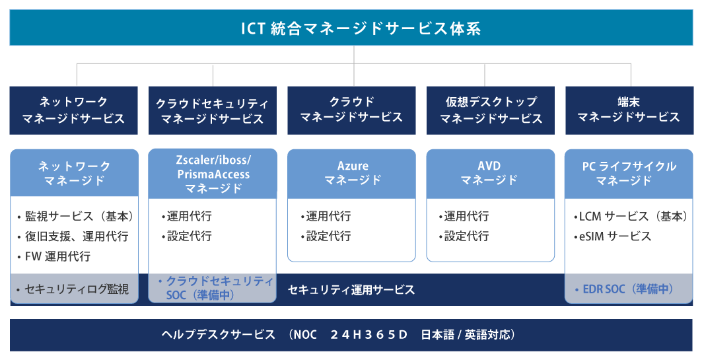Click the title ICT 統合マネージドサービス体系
[361, 28]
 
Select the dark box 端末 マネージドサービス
[629, 110]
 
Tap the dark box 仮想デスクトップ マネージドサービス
[490, 110]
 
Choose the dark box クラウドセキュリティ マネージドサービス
[212, 110]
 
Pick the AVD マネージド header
[490, 174]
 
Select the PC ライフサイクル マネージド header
[629, 174]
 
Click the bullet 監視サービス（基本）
[75, 217]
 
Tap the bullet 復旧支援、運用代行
[73, 236]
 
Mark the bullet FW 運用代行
[53, 256]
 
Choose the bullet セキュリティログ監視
[73, 289]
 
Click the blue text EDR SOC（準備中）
[624, 289]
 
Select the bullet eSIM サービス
[612, 236]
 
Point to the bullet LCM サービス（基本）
[631, 217]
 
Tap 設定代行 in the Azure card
[326, 236]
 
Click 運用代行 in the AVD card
[464, 217]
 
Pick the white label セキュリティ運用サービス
[351, 290]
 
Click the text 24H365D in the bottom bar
[369, 334]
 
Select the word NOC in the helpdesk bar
[305, 334]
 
